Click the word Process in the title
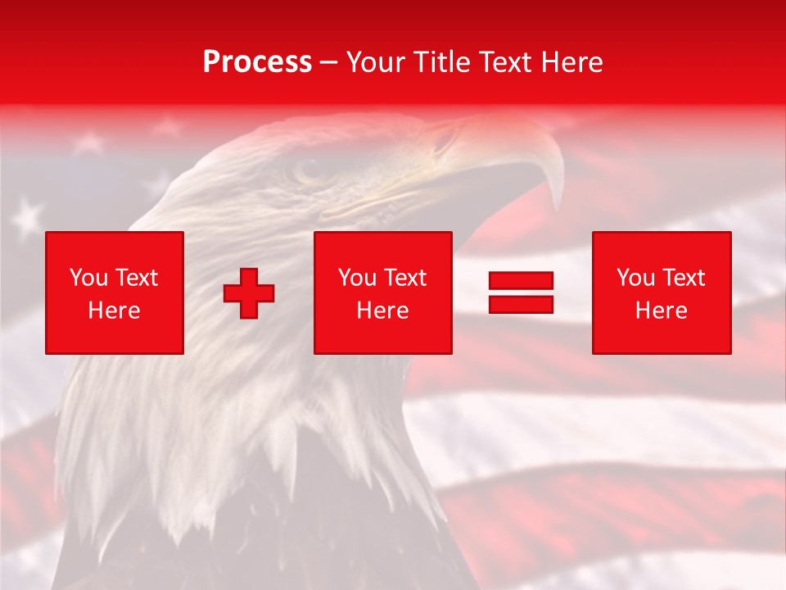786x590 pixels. click(x=257, y=62)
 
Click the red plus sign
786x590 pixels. click(x=249, y=293)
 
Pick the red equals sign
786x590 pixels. click(x=521, y=293)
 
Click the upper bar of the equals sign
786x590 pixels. click(x=521, y=281)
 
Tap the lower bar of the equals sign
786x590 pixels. click(x=521, y=304)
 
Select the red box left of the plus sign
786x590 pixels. click(x=115, y=293)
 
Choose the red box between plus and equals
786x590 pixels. click(x=383, y=293)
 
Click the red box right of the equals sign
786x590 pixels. click(x=662, y=293)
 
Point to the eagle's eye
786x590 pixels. click(x=309, y=170)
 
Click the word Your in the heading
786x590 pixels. click(x=374, y=62)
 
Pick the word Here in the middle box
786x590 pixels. click(x=383, y=311)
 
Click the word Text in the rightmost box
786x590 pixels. click(x=683, y=278)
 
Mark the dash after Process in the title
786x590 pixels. click(x=329, y=62)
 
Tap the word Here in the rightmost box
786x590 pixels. click(x=662, y=311)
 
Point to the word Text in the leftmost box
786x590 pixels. click(x=136, y=278)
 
